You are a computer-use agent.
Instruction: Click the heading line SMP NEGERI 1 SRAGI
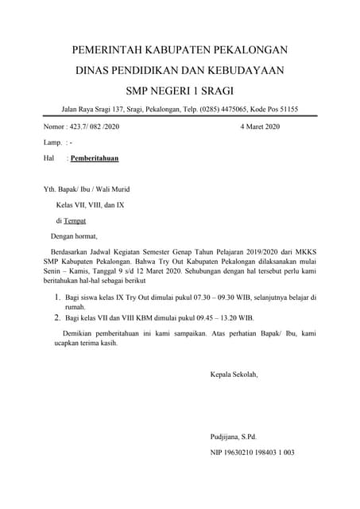click(180, 90)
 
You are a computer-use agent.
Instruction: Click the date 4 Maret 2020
click(260, 127)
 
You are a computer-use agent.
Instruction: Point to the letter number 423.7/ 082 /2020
click(94, 127)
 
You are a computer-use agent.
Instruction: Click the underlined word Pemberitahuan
click(95, 158)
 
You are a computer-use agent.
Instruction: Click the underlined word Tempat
click(75, 220)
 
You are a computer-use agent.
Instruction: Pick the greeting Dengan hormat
click(73, 235)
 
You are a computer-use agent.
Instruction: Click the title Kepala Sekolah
click(234, 374)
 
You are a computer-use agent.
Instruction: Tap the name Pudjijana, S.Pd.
click(233, 437)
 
